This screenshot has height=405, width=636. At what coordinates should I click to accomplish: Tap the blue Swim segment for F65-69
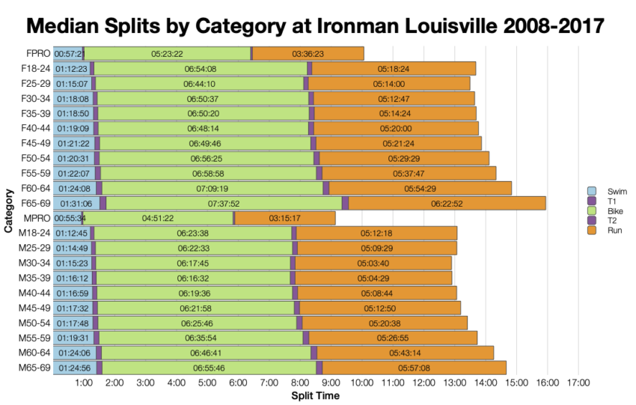click(76, 203)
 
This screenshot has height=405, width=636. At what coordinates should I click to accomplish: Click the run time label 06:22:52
click(447, 203)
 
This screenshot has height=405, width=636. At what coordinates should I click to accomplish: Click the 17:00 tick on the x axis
click(578, 383)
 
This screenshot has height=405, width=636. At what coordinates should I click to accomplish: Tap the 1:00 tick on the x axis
click(84, 383)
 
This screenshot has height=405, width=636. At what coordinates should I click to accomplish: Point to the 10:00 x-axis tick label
click(362, 383)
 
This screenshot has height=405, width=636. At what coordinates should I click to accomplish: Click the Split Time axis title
click(315, 395)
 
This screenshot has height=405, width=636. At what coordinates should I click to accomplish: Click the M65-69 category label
click(34, 368)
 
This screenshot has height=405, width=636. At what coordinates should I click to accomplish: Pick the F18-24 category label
click(35, 68)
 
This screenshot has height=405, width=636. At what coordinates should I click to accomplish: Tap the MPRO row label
click(37, 218)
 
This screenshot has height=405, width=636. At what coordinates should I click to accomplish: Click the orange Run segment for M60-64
click(405, 353)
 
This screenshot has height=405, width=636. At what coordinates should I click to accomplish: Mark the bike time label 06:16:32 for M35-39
click(192, 278)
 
